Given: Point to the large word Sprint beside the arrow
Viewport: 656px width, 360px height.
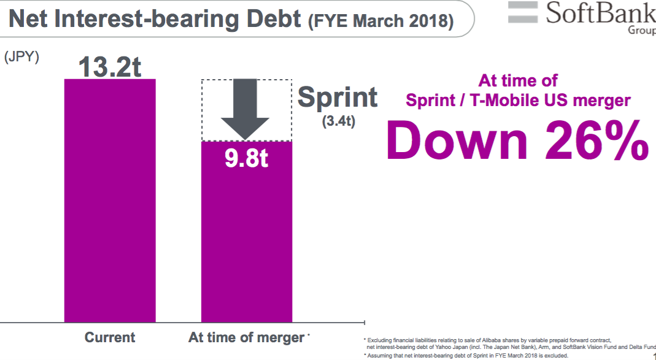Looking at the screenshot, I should [338, 98].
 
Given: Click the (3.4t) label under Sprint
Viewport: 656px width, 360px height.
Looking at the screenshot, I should [339, 121].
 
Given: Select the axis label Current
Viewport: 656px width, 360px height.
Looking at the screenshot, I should [110, 337].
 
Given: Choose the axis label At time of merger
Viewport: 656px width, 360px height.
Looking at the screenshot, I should [246, 337].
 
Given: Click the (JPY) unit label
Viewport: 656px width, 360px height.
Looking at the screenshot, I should [21, 57].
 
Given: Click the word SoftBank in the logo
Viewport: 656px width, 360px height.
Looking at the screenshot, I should [600, 13].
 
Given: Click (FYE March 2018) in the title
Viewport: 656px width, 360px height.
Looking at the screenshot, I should [381, 22].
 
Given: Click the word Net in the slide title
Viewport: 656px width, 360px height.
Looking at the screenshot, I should [31, 20].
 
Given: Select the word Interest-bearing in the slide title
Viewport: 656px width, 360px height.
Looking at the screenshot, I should [145, 20].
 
